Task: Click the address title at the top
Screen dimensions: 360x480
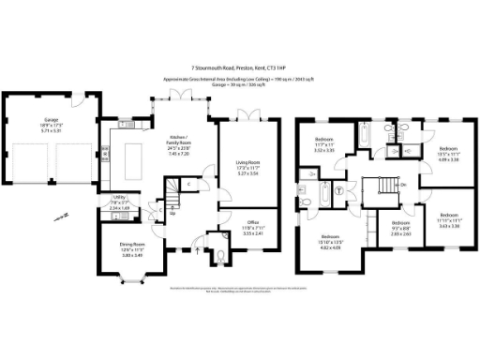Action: tap(239, 67)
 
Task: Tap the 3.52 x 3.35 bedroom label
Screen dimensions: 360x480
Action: tap(325, 146)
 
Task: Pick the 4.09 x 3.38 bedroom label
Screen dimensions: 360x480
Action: tap(447, 156)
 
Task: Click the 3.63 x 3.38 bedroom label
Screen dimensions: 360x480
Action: tap(446, 222)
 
